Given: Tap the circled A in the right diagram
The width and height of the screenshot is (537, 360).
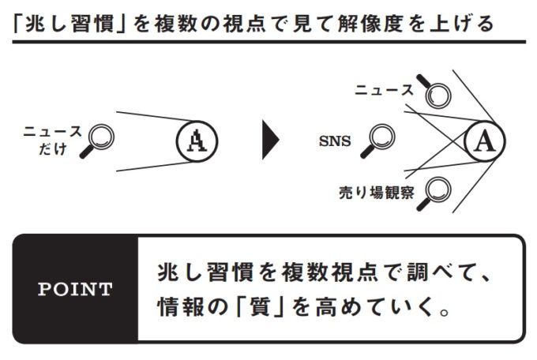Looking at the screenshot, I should pyautogui.click(x=486, y=141).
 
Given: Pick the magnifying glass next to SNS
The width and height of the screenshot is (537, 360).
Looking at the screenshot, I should pyautogui.click(x=381, y=141).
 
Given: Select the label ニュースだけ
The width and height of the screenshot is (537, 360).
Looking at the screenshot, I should pyautogui.click(x=51, y=139).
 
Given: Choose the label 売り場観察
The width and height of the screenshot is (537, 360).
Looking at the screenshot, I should pyautogui.click(x=376, y=192).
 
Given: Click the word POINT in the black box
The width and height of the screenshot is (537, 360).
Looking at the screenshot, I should pyautogui.click(x=76, y=289).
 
